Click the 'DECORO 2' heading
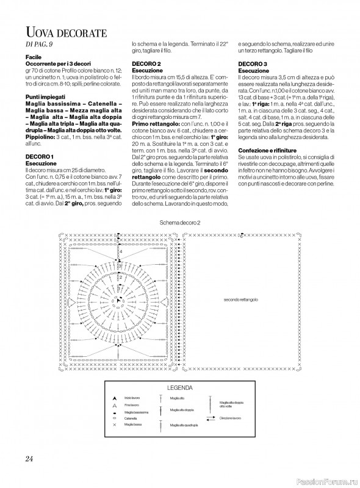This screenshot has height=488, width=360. (x=146, y=64)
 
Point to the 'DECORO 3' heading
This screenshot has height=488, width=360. (x=252, y=64)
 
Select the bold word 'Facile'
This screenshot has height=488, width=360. (x=34, y=56)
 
